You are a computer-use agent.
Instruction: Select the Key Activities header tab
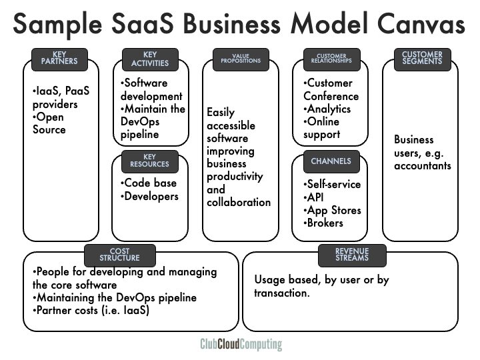pos(150,59)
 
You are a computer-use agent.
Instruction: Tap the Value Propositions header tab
pos(241,59)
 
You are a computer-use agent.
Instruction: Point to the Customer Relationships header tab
pos(331,59)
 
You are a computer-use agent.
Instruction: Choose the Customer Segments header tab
pos(423,59)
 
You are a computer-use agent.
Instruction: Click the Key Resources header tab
pos(150,161)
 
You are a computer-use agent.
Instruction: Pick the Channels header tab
pos(331,161)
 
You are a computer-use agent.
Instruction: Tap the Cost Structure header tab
pos(120,255)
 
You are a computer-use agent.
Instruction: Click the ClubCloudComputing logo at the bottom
pos(241,345)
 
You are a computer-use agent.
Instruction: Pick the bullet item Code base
pos(150,183)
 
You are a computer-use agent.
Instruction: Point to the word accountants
pos(423,165)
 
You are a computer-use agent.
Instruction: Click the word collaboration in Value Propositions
pos(239,202)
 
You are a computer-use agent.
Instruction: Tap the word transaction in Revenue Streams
pos(282,292)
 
